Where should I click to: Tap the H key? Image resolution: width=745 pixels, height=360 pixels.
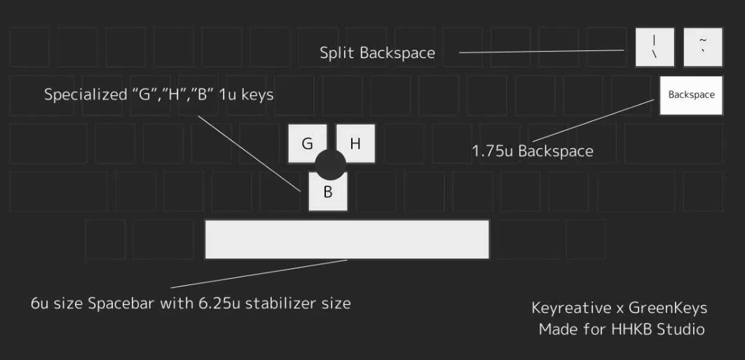coord(355,143)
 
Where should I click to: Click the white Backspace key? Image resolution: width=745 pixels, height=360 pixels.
coord(691,95)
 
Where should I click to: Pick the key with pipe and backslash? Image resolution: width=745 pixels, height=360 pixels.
coord(654,48)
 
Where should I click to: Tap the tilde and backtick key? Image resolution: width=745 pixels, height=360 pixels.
coord(702,48)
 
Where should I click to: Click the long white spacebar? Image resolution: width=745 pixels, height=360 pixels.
coord(347,239)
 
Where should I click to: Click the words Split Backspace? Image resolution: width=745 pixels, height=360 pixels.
coord(377,53)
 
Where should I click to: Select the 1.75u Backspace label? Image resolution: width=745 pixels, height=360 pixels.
coord(532,151)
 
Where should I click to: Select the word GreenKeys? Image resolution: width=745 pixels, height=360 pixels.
coord(667,308)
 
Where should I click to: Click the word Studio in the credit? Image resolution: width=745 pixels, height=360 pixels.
coord(679,328)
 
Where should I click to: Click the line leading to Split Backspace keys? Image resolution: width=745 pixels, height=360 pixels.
coord(540,51)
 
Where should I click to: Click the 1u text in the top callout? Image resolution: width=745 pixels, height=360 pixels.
coord(226,94)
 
